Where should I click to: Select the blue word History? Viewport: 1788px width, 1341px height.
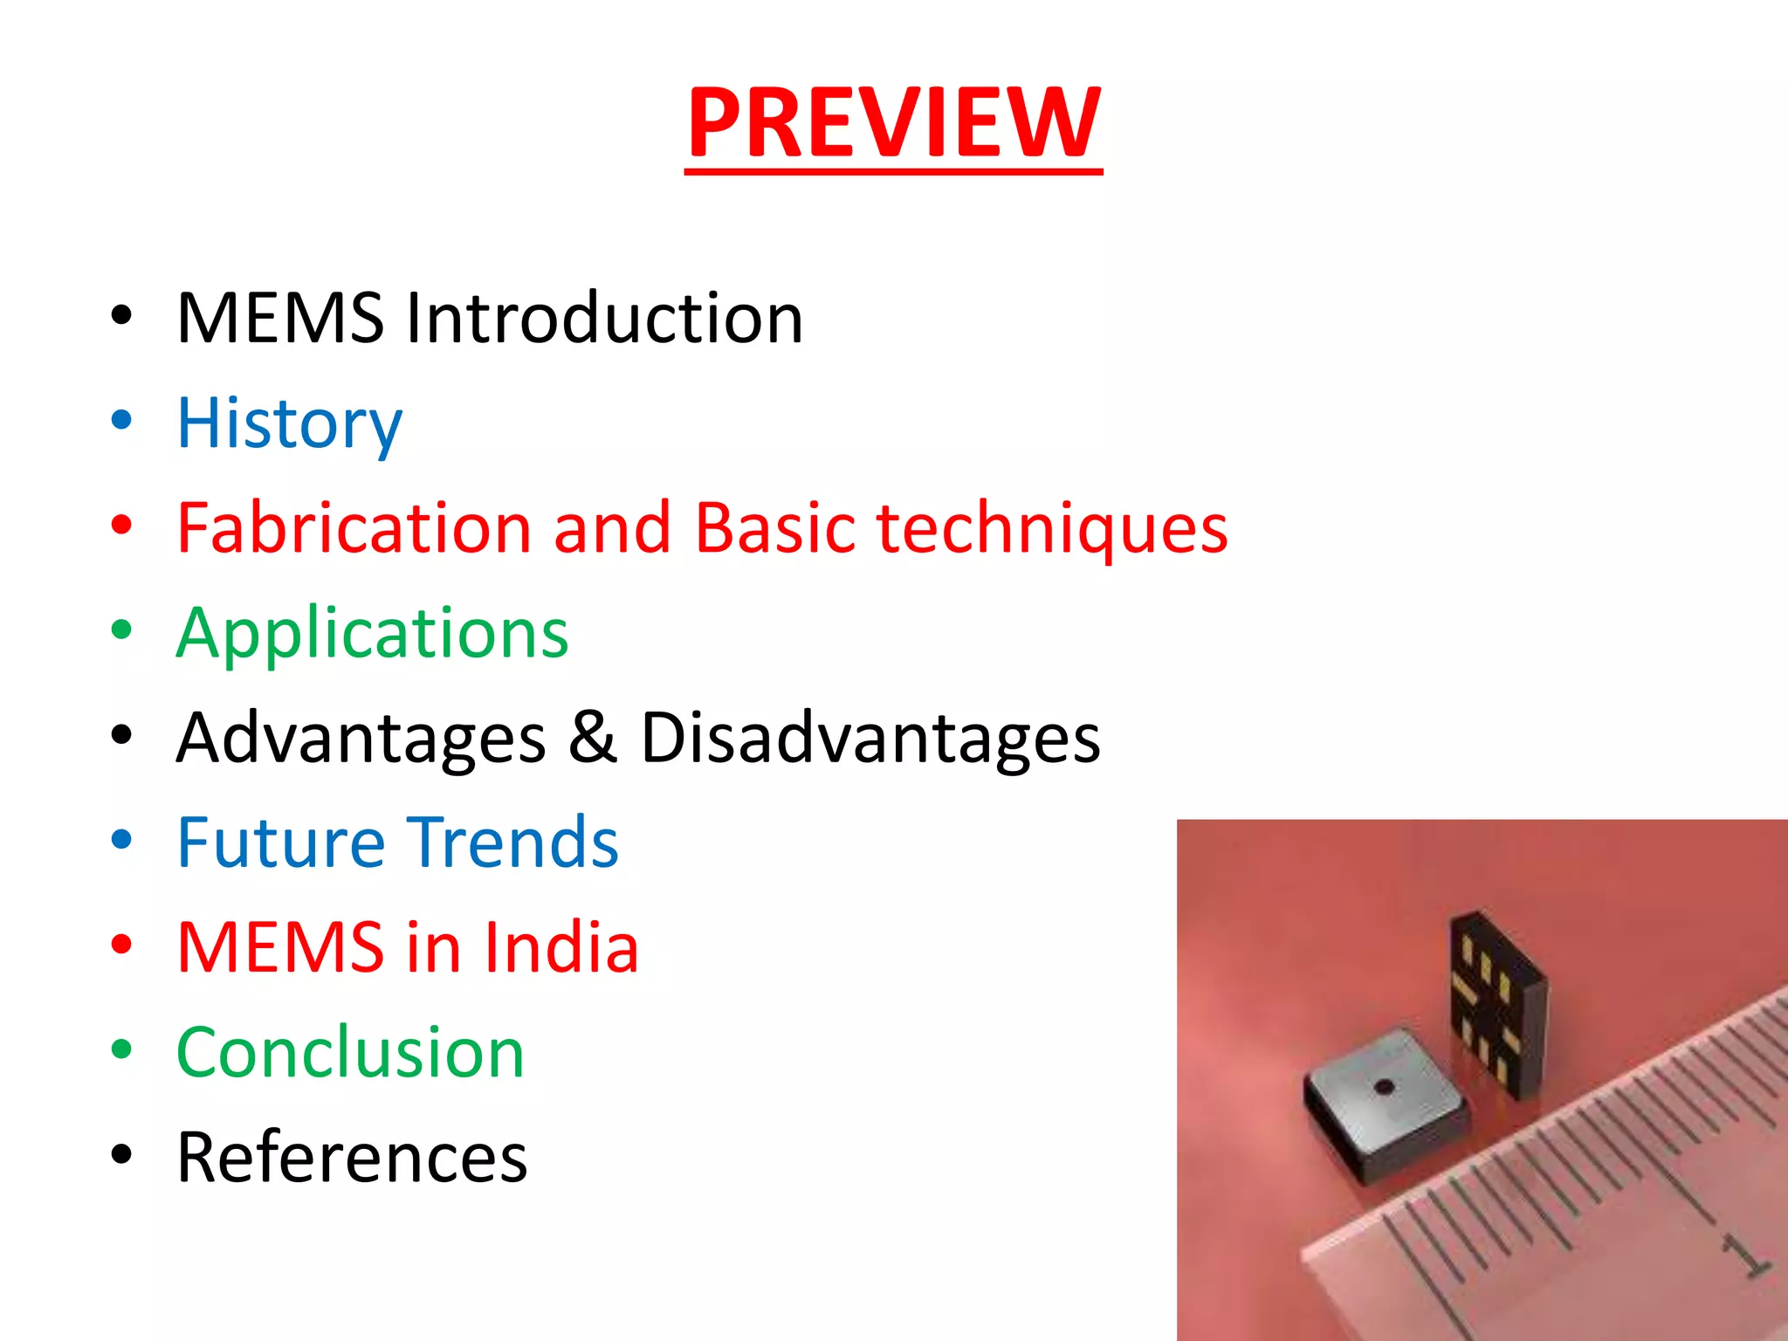289,423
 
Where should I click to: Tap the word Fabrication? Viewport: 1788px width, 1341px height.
354,528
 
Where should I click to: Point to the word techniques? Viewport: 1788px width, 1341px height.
1052,528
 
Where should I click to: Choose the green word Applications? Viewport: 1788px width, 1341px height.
372,633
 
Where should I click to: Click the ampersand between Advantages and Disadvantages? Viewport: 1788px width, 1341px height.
593,738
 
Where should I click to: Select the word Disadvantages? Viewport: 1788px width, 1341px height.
870,738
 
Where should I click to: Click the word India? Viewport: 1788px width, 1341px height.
561,947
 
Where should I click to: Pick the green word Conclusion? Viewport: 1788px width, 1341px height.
350,1052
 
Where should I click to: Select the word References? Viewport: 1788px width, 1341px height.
352,1158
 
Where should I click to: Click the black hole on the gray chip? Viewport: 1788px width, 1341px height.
1384,1088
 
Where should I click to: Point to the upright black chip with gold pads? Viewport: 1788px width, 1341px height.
1497,1004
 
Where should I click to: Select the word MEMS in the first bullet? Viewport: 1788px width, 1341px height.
279,318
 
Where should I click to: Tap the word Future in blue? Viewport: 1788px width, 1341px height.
280,842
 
